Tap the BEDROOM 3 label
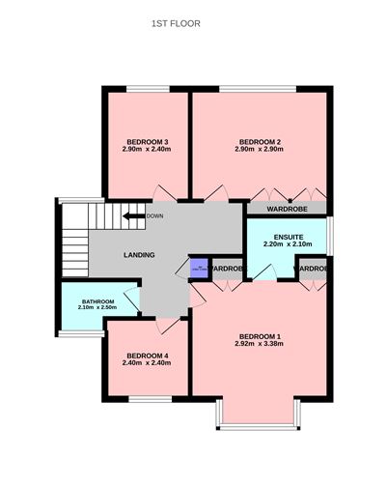point(146,141)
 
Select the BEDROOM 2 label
point(259,141)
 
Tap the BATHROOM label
point(97,302)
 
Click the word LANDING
point(141,255)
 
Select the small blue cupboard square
point(198,269)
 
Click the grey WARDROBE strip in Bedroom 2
point(287,208)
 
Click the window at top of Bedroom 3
point(146,90)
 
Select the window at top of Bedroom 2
point(259,90)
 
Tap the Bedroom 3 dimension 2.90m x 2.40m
point(146,150)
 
